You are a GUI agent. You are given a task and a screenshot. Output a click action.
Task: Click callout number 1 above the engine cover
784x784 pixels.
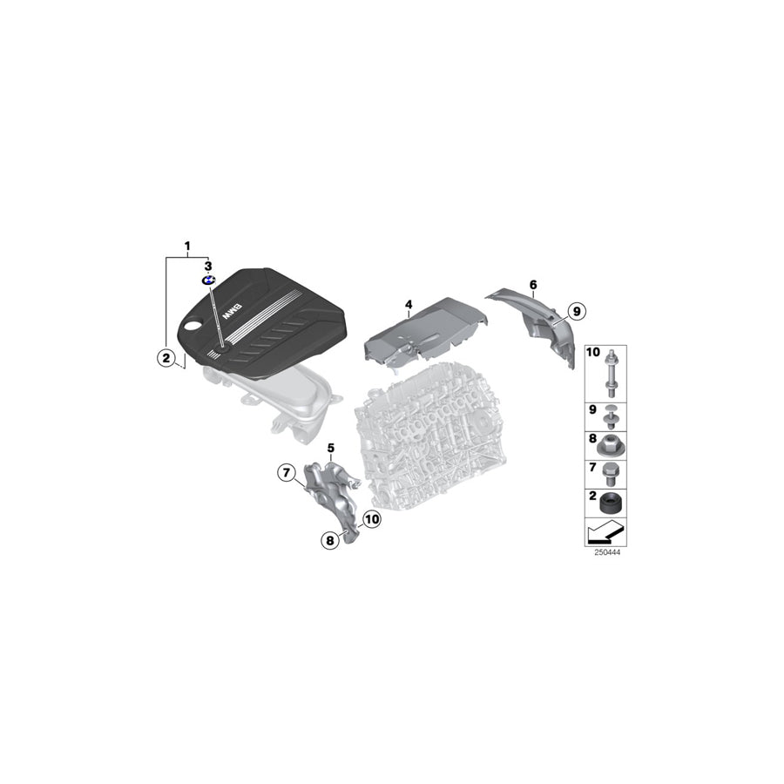(186, 247)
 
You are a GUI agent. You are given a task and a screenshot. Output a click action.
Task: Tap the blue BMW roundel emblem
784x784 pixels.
(208, 280)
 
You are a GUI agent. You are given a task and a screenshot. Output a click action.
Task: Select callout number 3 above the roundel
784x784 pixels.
(207, 265)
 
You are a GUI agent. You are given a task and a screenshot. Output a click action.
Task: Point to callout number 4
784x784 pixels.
(407, 304)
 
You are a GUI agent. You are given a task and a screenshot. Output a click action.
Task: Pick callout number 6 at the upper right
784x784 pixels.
(533, 284)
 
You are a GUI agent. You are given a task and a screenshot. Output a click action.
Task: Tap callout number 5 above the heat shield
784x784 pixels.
(331, 448)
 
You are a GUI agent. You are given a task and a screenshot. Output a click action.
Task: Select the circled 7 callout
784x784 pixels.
(286, 473)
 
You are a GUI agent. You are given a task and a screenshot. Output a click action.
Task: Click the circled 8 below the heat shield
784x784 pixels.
(330, 541)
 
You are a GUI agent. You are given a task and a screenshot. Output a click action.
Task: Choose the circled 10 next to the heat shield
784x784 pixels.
(372, 520)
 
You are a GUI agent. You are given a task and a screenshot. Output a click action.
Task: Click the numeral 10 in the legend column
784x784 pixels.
(593, 353)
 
